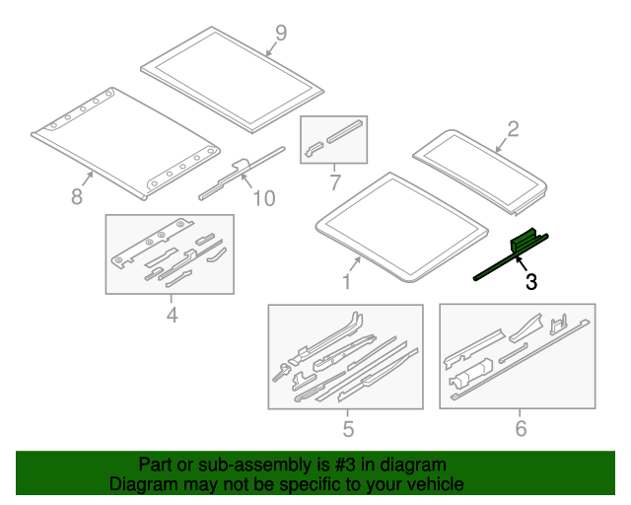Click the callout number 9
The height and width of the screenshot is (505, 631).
pyautogui.click(x=281, y=33)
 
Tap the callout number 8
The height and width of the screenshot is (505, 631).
pyautogui.click(x=77, y=196)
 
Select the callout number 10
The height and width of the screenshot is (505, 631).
pyautogui.click(x=264, y=198)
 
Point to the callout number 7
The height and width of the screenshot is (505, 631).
pyautogui.click(x=335, y=182)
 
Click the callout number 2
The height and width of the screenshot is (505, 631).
pyautogui.click(x=513, y=129)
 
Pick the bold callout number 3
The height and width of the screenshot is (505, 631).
pyautogui.click(x=531, y=281)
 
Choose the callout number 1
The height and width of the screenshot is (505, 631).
pyautogui.click(x=346, y=281)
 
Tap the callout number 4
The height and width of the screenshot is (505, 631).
pyautogui.click(x=173, y=315)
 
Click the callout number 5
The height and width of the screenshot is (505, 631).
pyautogui.click(x=348, y=428)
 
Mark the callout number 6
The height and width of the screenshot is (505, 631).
pyautogui.click(x=521, y=428)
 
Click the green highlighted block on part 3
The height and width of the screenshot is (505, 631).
pyautogui.click(x=524, y=241)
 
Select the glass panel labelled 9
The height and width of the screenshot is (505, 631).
pyautogui.click(x=233, y=80)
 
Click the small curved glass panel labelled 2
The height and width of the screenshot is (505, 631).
pyautogui.click(x=480, y=173)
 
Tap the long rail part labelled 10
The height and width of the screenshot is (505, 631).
pyautogui.click(x=242, y=174)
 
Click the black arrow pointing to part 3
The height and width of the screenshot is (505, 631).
pyautogui.click(x=522, y=264)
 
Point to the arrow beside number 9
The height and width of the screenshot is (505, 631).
pyautogui.click(x=270, y=49)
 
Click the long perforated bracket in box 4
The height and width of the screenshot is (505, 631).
pyautogui.click(x=152, y=244)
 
